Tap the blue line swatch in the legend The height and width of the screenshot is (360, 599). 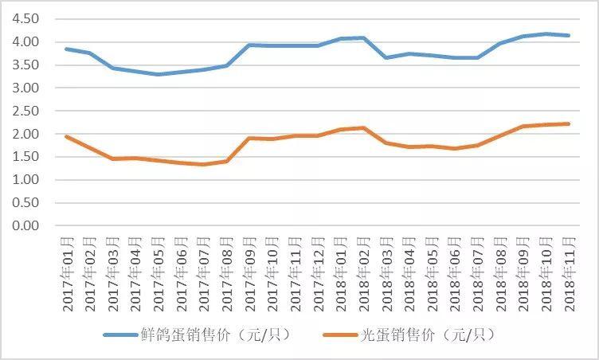coord(123,335)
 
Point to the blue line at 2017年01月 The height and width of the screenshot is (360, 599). coord(66,49)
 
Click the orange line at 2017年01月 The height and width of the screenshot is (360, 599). coord(66,136)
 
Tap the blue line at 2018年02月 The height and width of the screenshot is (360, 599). coord(363,37)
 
